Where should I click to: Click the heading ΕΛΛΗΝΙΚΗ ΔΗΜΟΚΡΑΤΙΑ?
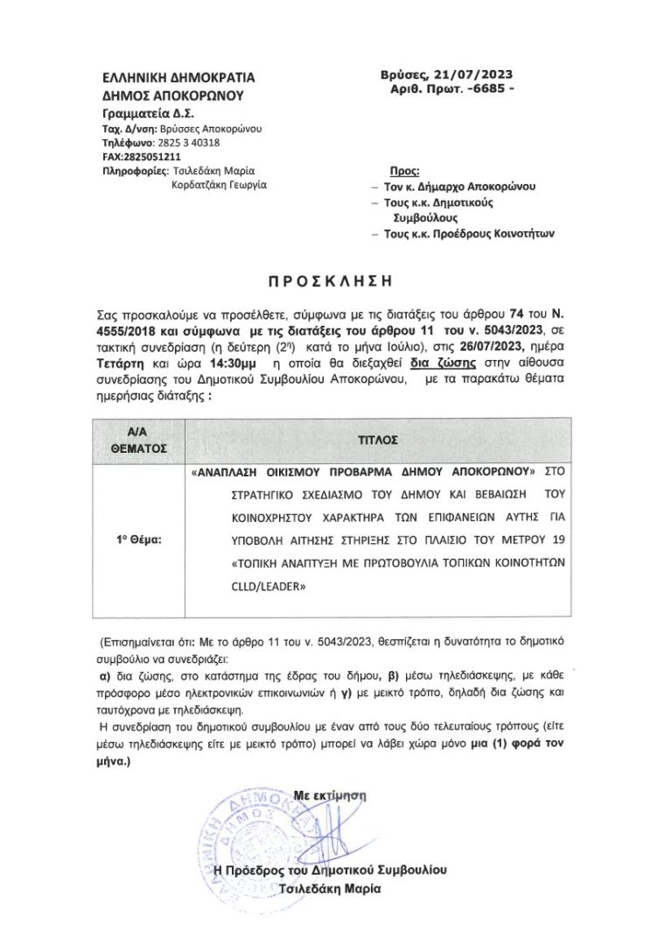pos(168,80)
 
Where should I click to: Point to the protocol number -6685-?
pos(485,90)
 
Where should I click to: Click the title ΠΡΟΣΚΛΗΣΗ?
pos(335,282)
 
